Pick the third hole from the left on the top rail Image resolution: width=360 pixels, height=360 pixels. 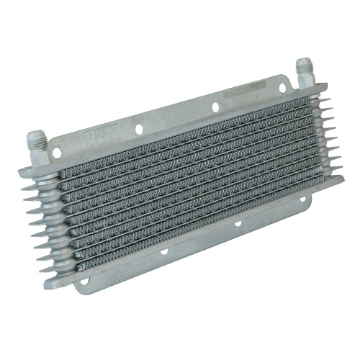coord(215,108)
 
